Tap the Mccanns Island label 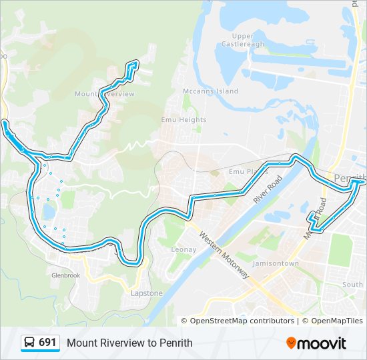[x=210, y=91]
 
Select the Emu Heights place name [x=183, y=120]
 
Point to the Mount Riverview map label [x=105, y=94]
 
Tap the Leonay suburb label [x=184, y=249]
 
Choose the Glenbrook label [x=65, y=275]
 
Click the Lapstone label [x=146, y=293]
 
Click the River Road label [x=268, y=189]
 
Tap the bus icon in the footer [x=30, y=343]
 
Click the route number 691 [x=47, y=343]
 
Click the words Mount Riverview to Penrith [x=129, y=343]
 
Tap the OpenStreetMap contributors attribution [x=242, y=321]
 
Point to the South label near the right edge [x=353, y=285]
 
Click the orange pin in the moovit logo [x=292, y=343]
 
